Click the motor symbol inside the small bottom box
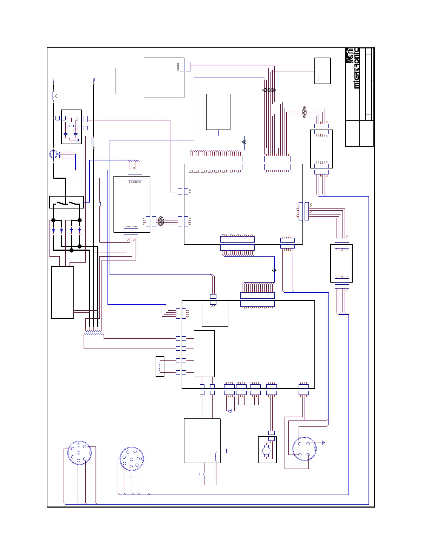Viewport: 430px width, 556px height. tap(266, 450)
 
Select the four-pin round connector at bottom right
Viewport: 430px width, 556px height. tap(304, 449)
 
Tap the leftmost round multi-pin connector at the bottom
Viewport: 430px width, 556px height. tap(79, 453)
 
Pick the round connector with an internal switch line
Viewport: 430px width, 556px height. tap(132, 459)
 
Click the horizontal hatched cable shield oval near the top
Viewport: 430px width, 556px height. tap(269, 90)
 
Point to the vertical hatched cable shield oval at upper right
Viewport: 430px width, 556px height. tap(305, 112)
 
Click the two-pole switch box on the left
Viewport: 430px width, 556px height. tap(66, 203)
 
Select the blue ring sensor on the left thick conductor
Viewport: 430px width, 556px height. tap(53, 154)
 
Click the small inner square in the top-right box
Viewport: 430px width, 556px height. tap(322, 78)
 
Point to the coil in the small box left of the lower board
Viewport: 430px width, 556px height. tap(160, 366)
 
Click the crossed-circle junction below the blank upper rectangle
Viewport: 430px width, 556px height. tap(244, 142)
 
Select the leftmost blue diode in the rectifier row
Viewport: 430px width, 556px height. tap(53, 231)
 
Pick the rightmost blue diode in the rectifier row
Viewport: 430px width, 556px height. tap(79, 231)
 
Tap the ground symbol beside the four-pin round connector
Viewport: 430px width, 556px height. tap(323, 443)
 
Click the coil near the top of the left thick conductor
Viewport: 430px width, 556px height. tap(53, 95)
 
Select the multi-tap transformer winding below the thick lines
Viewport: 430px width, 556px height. tap(94, 331)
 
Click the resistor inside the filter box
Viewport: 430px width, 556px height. tap(72, 126)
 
